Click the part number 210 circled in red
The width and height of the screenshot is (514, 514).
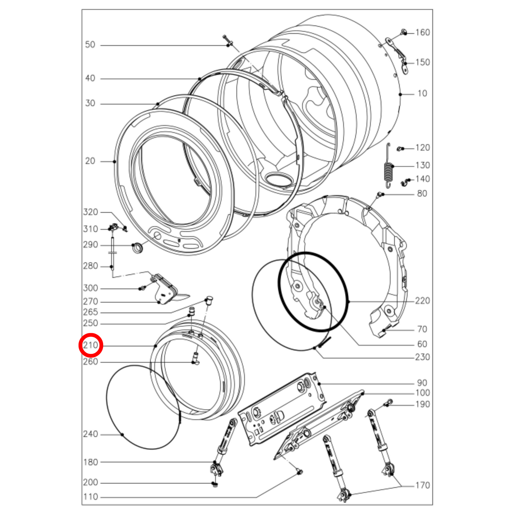click(90, 345)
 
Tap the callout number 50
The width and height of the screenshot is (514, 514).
click(90, 45)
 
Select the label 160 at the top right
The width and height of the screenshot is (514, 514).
click(423, 32)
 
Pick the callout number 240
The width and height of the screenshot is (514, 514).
click(90, 434)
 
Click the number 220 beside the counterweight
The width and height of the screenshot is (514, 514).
click(422, 301)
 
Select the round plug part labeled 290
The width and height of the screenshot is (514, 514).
click(137, 247)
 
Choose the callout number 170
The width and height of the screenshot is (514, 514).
click(423, 485)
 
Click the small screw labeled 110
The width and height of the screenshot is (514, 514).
click(299, 472)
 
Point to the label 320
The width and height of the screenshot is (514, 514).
click(90, 212)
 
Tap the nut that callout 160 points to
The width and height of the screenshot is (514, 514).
click(404, 32)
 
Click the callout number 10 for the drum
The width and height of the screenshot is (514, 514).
click(422, 94)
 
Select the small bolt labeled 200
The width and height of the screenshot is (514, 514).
click(214, 484)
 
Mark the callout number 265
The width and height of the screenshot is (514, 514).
click(90, 312)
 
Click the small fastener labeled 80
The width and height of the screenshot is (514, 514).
click(379, 194)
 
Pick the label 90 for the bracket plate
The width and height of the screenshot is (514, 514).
click(422, 383)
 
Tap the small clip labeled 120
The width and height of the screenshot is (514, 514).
click(400, 148)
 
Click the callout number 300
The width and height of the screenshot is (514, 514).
click(90, 288)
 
